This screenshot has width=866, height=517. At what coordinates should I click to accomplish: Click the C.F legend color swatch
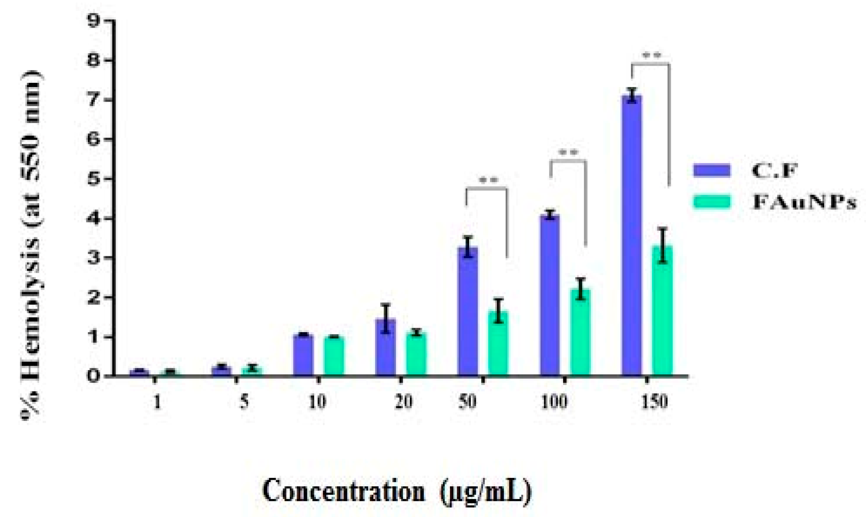[712, 170]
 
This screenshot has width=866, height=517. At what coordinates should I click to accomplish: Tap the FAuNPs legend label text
[804, 201]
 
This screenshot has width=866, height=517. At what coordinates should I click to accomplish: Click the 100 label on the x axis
[554, 402]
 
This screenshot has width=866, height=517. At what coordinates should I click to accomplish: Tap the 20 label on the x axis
[403, 402]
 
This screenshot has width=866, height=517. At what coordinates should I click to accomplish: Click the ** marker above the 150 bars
[651, 56]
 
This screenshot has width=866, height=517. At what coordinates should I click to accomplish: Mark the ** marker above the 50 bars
[488, 180]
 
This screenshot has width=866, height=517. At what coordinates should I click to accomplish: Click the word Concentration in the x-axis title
[344, 491]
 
